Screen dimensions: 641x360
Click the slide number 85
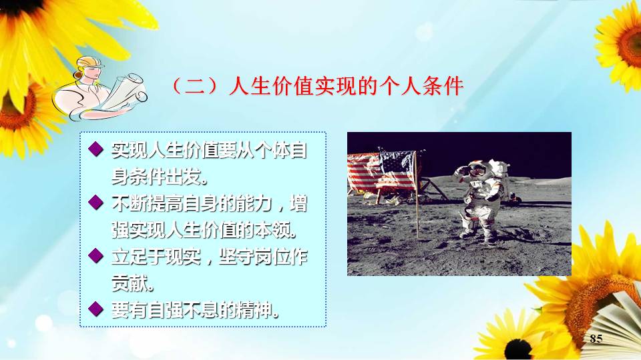596,339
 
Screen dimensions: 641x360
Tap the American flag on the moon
382,171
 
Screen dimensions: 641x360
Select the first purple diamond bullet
95,149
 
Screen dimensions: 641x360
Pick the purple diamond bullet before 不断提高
95,203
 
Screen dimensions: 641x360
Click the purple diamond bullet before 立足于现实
95,256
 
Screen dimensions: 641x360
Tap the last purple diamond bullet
95,309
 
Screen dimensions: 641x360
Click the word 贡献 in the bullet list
132,283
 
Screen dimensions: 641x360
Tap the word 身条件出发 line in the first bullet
160,176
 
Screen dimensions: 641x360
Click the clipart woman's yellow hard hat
90,61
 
